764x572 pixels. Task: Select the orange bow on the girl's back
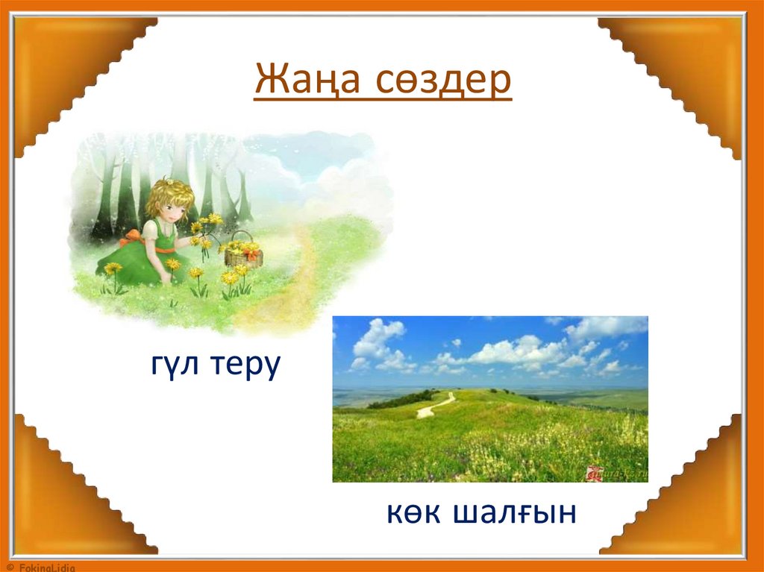[134, 237]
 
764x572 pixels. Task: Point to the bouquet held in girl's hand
[204, 227]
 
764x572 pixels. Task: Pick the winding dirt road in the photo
[436, 406]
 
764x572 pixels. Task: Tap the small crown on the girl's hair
[170, 181]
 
